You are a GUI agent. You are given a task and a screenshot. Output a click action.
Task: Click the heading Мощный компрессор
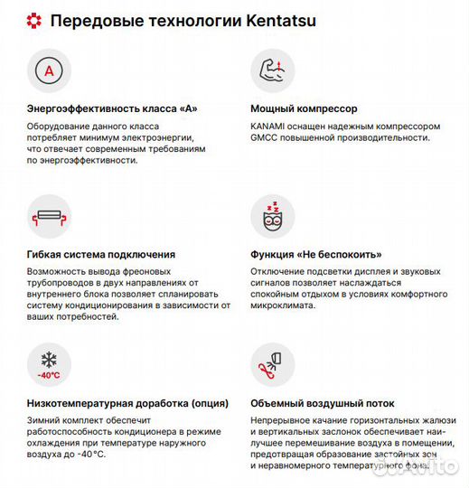click(303, 109)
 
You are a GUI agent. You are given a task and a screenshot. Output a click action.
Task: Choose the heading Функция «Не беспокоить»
click(315, 255)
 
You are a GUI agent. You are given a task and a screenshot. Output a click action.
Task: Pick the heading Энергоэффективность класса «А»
click(112, 109)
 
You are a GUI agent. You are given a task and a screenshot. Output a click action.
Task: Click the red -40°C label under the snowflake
click(48, 375)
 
